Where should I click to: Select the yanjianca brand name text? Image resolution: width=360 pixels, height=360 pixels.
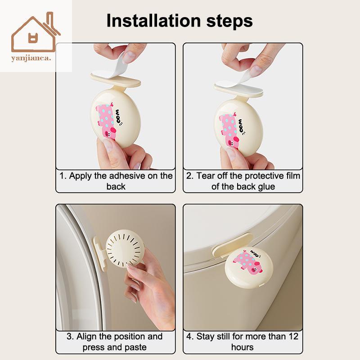coord(31,58)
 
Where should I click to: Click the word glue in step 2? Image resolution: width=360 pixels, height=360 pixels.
coord(266,187)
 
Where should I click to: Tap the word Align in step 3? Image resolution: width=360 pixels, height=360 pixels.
coord(86,337)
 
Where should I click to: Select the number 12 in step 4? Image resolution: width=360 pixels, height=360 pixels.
coord(293,337)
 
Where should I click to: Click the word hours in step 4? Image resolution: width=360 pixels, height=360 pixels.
coord(243,347)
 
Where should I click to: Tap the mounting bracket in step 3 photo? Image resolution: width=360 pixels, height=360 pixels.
coord(99,253)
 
